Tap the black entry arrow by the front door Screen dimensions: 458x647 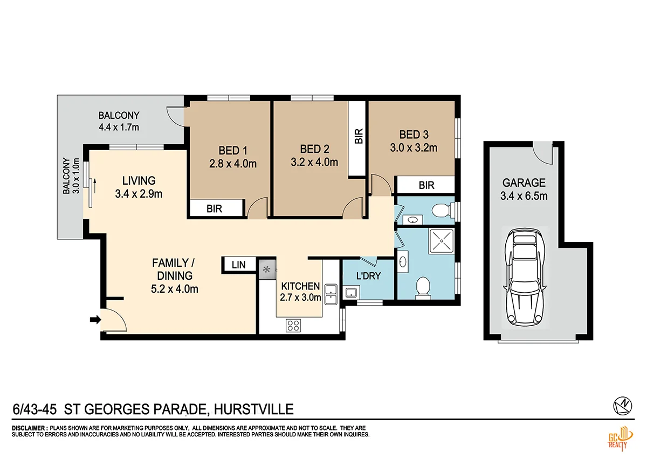point(95,320)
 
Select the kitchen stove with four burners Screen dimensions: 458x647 point(293,325)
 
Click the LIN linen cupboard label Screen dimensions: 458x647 point(238,265)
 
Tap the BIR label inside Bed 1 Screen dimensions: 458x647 point(214,209)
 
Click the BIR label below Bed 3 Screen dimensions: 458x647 point(426,186)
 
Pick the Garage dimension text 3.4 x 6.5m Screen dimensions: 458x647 point(524,196)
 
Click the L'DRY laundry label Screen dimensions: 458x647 point(369,276)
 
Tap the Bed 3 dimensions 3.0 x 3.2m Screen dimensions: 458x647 point(414,147)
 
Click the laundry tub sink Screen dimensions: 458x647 point(351,293)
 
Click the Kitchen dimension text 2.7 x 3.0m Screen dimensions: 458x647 point(300,297)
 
